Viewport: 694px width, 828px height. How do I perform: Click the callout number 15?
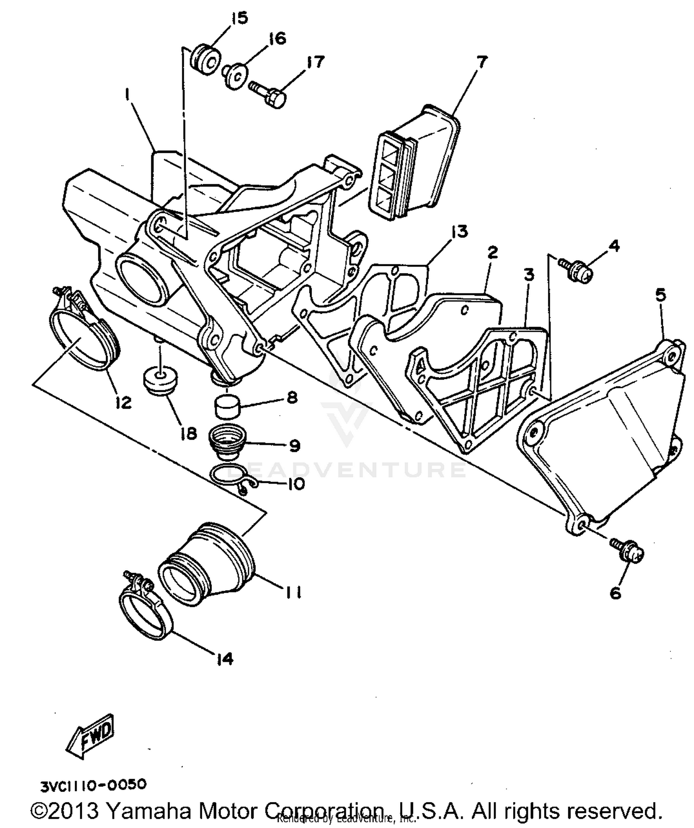240,19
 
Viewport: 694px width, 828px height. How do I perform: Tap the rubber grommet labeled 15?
205,58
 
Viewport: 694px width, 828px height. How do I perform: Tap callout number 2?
492,252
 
